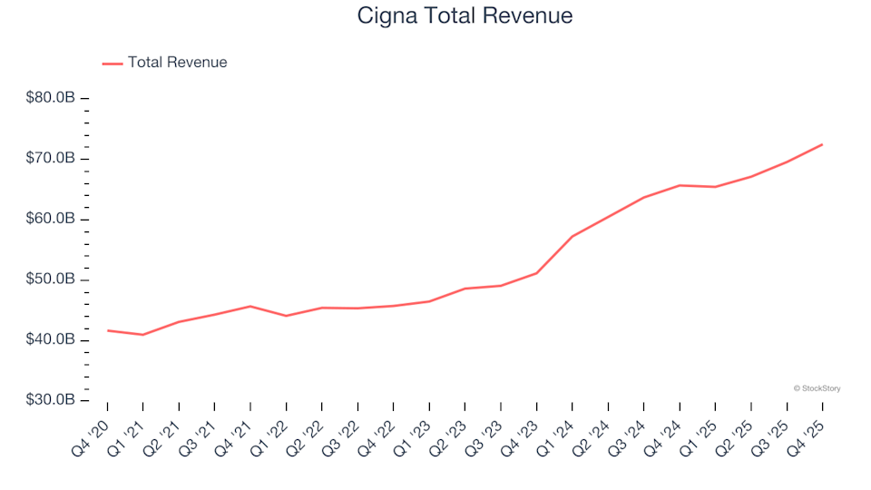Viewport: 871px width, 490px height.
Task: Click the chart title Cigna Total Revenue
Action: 465,16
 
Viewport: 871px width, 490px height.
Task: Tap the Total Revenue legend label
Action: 177,63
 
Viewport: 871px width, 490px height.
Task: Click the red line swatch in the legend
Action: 113,64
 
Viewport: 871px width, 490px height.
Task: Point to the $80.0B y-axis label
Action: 52,98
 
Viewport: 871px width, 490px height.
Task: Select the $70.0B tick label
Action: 52,159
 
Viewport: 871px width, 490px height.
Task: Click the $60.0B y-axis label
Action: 52,219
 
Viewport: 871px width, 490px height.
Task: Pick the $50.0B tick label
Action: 52,279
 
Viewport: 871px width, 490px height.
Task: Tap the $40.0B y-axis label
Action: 52,339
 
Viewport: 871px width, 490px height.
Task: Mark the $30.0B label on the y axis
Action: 52,400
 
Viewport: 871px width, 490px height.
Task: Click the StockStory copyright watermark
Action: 817,388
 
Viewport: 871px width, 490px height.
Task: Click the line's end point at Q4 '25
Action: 822,144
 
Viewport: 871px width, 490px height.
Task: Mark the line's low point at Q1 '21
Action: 142,335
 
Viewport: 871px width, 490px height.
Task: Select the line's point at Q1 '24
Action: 572,236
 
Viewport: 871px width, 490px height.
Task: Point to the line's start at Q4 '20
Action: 107,330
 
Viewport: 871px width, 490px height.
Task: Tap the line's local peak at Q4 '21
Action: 250,306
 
